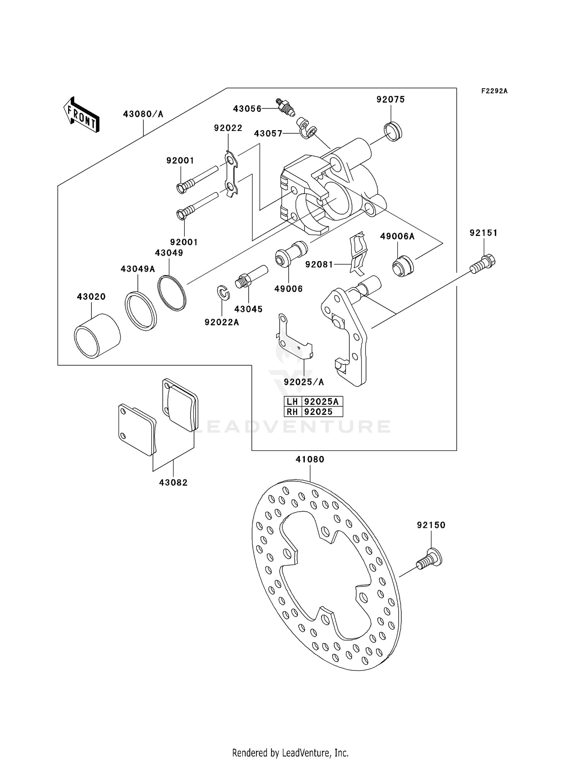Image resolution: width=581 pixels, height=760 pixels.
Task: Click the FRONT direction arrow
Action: [81, 115]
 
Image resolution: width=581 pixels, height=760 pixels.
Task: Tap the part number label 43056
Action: [247, 109]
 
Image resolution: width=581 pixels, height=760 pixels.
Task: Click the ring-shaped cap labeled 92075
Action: [393, 131]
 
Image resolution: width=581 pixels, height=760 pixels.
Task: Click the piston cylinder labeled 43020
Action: [97, 335]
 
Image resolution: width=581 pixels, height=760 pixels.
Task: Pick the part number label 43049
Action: [169, 253]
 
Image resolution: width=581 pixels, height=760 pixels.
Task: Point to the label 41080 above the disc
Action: [310, 459]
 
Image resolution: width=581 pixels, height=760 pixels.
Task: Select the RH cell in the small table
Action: [292, 412]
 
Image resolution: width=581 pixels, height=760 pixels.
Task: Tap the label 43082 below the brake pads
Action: [173, 483]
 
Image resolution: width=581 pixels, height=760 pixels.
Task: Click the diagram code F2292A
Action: [494, 91]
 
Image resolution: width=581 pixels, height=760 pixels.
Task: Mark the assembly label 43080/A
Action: [143, 114]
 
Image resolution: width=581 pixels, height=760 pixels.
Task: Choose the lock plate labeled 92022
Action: [232, 175]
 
